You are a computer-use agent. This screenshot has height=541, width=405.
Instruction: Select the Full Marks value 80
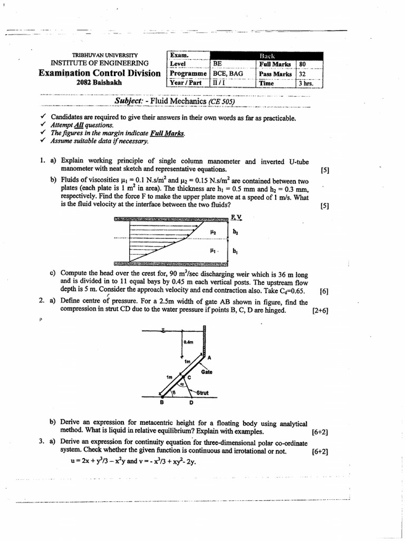pyautogui.click(x=303, y=64)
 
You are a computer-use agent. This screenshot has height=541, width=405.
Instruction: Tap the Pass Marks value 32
pyautogui.click(x=303, y=74)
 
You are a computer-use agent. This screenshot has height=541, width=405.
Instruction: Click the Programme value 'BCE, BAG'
pyautogui.click(x=228, y=74)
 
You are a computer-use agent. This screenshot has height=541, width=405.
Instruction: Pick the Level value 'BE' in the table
pyautogui.click(x=217, y=64)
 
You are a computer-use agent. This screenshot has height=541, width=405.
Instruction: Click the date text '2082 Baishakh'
pyautogui.click(x=99, y=82)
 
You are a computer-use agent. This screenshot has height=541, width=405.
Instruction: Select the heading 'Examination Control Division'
pyautogui.click(x=99, y=73)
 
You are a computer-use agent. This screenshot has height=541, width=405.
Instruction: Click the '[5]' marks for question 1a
pyautogui.click(x=324, y=170)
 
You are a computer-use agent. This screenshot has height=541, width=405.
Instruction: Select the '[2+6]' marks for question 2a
pyautogui.click(x=320, y=311)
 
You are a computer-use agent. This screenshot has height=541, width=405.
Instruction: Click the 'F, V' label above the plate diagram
pyautogui.click(x=236, y=217)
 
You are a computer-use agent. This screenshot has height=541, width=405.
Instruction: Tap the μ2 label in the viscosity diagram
pyautogui.click(x=213, y=231)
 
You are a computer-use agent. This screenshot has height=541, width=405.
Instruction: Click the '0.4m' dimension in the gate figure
pyautogui.click(x=188, y=342)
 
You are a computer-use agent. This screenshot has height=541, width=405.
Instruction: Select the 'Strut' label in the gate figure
pyautogui.click(x=202, y=393)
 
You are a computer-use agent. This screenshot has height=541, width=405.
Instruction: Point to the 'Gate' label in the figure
pyautogui.click(x=206, y=372)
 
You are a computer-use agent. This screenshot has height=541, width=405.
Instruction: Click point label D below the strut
pyautogui.click(x=191, y=402)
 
